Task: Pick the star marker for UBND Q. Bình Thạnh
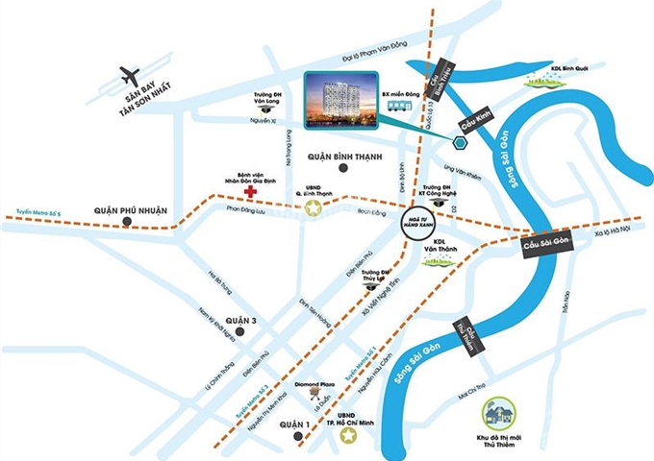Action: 312,206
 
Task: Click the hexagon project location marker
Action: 460,145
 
